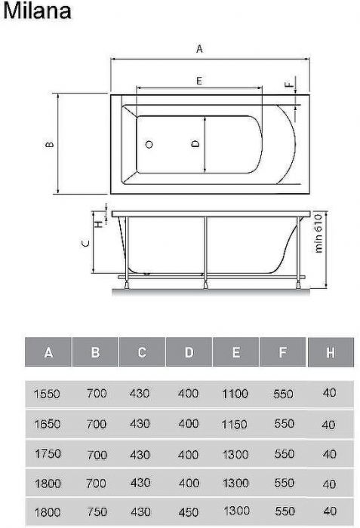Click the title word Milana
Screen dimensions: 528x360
coord(37,11)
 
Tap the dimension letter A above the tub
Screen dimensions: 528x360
coord(199,48)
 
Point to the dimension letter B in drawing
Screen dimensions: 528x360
coord(49,144)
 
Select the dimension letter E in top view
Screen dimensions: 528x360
coord(198,80)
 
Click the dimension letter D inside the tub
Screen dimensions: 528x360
coord(195,143)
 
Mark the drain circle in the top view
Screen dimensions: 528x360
coord(149,144)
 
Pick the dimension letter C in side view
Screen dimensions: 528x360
coord(86,243)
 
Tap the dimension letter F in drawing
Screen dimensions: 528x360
coord(288,84)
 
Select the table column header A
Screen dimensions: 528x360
coord(48,352)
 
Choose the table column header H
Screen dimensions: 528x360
coord(331,352)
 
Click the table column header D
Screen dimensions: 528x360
coord(189,352)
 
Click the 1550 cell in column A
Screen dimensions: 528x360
coord(47,394)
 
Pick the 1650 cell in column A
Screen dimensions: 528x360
coord(47,424)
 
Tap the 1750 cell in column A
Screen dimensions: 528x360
coord(47,455)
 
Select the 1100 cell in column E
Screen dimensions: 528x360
coord(235,394)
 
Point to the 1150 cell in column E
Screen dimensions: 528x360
coord(235,424)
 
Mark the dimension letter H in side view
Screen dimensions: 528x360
coord(97,221)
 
